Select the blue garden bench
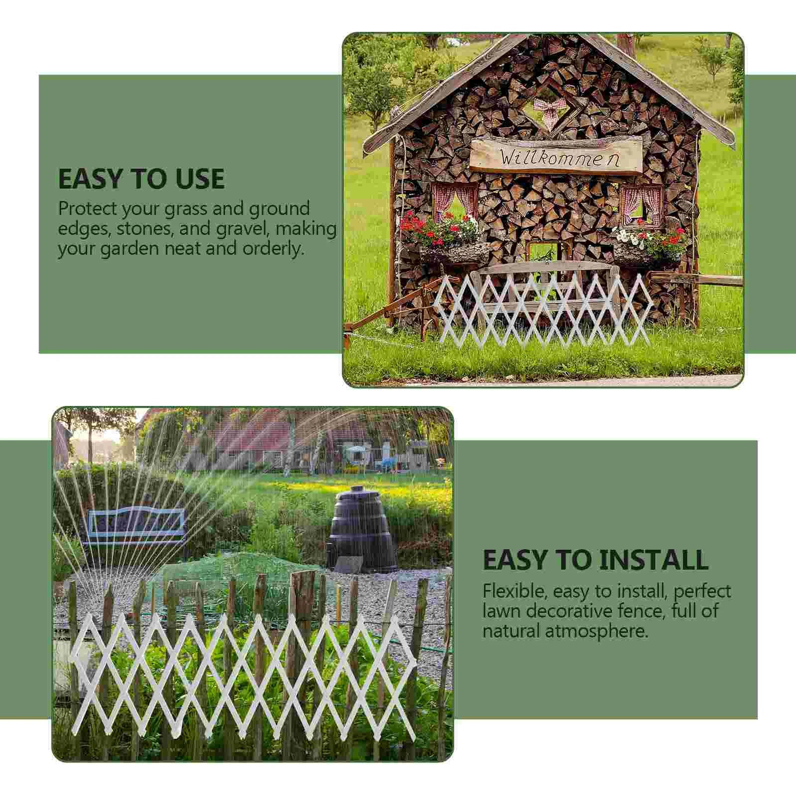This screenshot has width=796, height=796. coord(137,526)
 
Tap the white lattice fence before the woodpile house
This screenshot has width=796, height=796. coord(542,309)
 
